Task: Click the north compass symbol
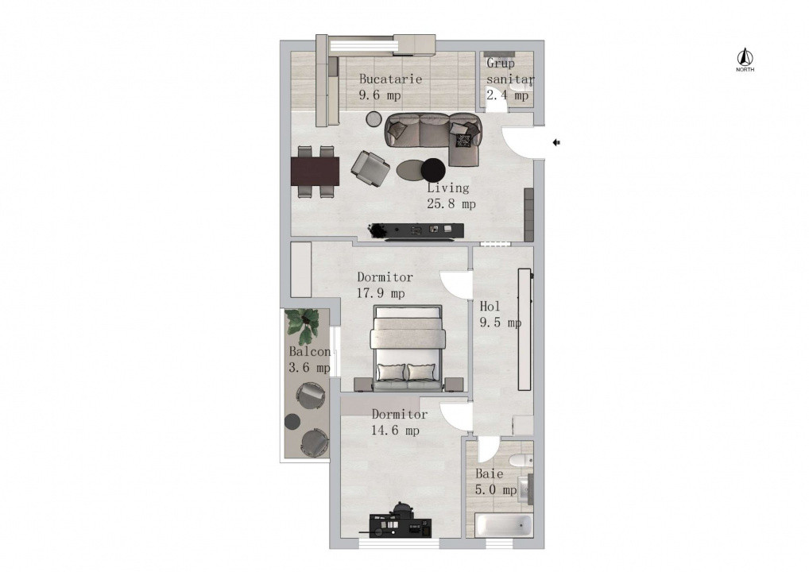click(x=745, y=59)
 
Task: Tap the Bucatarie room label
click(x=389, y=87)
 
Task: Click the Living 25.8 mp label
click(x=451, y=195)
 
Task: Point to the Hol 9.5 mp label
click(x=500, y=315)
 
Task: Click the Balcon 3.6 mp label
click(x=309, y=359)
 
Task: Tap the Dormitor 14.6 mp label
click(x=398, y=423)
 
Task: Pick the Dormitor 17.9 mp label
click(x=384, y=285)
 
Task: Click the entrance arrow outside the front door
click(x=557, y=142)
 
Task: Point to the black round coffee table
click(x=433, y=169)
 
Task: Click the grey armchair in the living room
click(x=370, y=167)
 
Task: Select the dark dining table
click(x=315, y=169)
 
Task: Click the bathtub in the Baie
click(x=504, y=525)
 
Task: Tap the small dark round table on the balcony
click(x=292, y=421)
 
